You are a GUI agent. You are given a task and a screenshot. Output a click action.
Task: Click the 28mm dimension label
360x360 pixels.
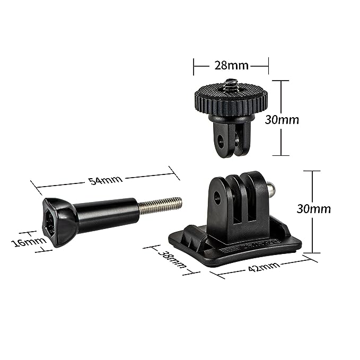coord(231,66)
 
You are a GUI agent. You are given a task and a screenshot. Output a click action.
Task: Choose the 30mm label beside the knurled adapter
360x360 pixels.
coord(282,120)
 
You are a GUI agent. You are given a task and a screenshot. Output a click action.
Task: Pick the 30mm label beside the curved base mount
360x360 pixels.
coord(313,208)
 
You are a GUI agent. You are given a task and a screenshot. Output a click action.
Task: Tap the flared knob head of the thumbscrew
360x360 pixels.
coord(58,222)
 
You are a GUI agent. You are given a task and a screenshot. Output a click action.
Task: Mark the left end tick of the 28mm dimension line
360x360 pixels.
coord(194,66)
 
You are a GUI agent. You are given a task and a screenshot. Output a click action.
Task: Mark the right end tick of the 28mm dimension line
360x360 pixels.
coord(268,66)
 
